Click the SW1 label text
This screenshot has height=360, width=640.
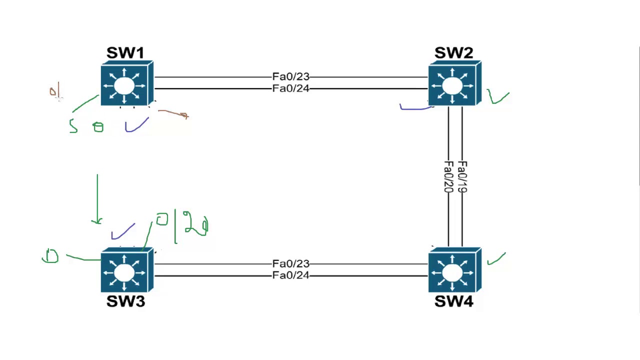[125, 53]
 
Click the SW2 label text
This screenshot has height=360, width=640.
[453, 53]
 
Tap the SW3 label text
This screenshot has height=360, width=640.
[125, 301]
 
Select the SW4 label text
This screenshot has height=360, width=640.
[453, 301]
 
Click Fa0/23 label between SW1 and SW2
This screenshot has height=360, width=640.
[291, 76]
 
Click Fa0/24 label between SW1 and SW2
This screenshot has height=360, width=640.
[291, 89]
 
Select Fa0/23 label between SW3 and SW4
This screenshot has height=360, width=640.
[291, 263]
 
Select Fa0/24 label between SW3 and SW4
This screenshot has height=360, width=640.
[291, 275]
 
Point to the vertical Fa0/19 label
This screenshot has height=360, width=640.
[462, 177]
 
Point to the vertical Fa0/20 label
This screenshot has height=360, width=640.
[448, 177]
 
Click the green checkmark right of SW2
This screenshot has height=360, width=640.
[497, 97]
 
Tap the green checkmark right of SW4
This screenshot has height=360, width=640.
[495, 258]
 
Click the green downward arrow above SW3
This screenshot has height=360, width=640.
[97, 200]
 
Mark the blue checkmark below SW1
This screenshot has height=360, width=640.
[136, 125]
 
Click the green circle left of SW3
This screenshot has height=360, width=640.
[50, 256]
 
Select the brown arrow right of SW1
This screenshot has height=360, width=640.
[174, 114]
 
